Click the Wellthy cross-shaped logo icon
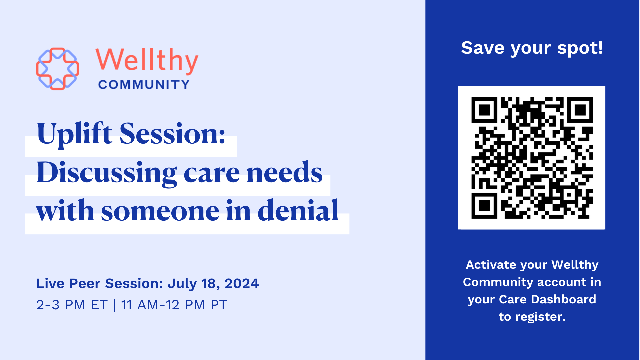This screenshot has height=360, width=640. click(x=57, y=69)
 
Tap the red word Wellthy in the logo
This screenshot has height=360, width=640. click(x=147, y=61)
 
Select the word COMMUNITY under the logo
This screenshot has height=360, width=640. click(x=144, y=85)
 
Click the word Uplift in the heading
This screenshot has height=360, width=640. click(x=74, y=134)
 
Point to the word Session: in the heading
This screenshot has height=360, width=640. click(x=172, y=133)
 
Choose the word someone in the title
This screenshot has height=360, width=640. click(x=160, y=212)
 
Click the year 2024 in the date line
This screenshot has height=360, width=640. click(x=242, y=283)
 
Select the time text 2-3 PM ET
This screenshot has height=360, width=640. click(x=72, y=305)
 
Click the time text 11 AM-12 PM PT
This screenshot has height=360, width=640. click(x=174, y=305)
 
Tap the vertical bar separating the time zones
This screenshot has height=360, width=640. click(x=114, y=305)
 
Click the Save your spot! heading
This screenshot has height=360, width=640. click(x=532, y=48)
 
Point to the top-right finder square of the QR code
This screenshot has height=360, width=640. click(x=580, y=110)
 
